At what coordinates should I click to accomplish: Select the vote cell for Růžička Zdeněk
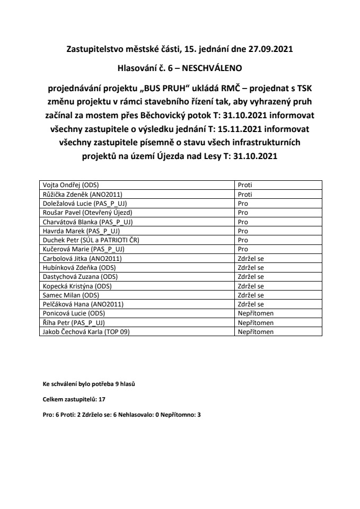coord(245,195)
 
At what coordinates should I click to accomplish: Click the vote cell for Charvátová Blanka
coord(243,221)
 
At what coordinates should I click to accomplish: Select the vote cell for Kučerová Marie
coord(243,249)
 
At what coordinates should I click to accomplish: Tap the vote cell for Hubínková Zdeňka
coord(251,267)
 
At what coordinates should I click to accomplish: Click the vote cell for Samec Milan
coord(251,295)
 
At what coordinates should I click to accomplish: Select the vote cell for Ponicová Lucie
coord(256,313)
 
